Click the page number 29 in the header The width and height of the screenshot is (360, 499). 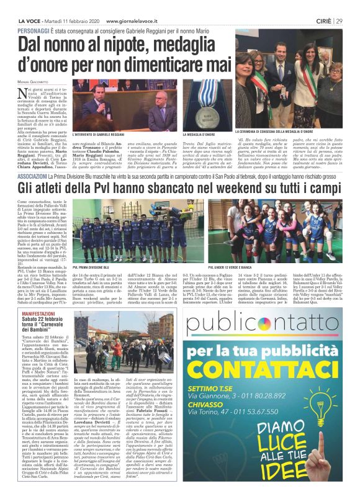point(340,20)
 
